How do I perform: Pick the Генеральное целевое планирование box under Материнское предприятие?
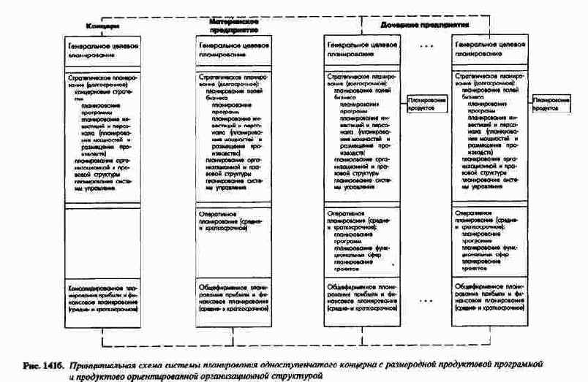233,49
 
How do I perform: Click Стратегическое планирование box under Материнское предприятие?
233,131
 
